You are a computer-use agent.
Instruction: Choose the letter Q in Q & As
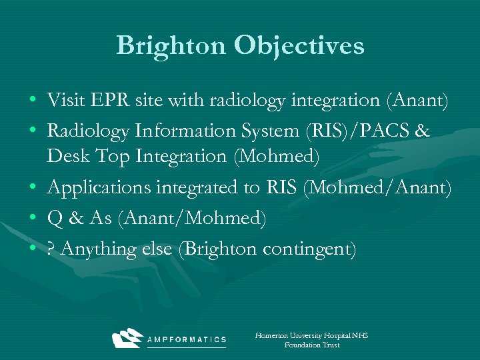55,219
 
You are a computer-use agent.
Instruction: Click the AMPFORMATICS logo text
187,340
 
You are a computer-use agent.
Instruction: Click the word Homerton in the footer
273,335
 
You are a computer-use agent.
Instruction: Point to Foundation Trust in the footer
311,345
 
